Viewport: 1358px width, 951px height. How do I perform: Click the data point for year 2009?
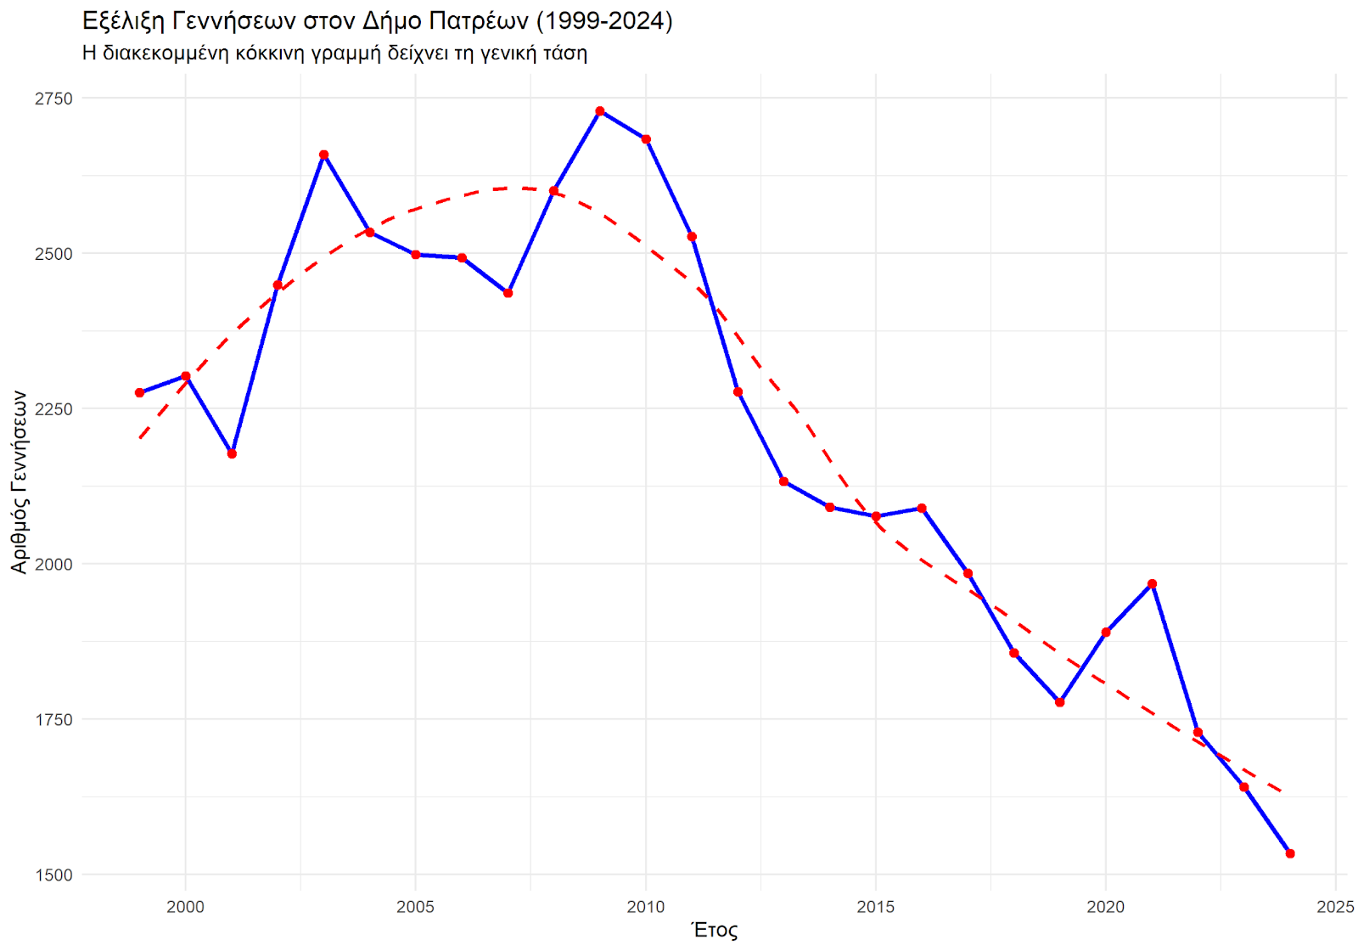tap(600, 111)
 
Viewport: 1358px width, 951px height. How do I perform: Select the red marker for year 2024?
tap(1290, 853)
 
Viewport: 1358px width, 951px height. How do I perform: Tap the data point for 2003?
tap(323, 155)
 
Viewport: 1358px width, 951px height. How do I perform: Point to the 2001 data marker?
tap(232, 454)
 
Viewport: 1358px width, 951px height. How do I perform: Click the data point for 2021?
tap(1152, 584)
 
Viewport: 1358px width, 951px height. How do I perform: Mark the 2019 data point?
tap(1060, 702)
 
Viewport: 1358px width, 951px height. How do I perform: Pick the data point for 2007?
tap(508, 293)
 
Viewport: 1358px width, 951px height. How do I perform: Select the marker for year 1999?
tap(140, 393)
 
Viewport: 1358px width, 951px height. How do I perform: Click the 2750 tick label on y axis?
tap(53, 98)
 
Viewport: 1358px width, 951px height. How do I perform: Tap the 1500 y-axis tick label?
tap(53, 875)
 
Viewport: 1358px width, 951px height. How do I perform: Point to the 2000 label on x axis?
tap(185, 907)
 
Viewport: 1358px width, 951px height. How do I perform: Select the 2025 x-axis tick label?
tap(1335, 907)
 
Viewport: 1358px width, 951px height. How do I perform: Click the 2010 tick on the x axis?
tap(646, 907)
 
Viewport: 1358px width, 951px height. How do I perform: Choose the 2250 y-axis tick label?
tap(53, 408)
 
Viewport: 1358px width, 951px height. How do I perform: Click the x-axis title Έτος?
tap(715, 931)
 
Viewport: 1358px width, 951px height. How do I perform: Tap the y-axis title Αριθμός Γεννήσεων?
tap(19, 481)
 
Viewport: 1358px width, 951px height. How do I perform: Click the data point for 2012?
tap(738, 392)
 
